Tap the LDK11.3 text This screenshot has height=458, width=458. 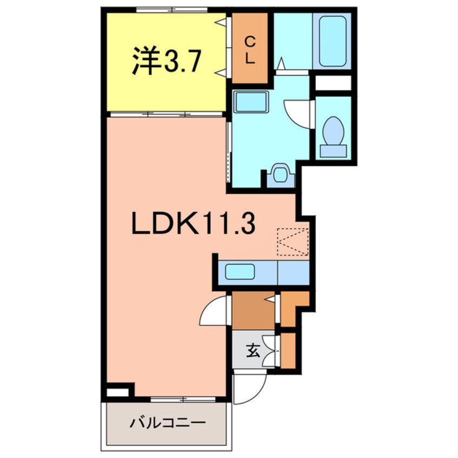[193, 223]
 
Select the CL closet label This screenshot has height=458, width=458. [250, 49]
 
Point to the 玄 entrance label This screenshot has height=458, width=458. [253, 351]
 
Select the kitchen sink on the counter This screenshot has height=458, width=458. [240, 271]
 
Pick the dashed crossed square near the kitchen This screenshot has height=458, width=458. [292, 241]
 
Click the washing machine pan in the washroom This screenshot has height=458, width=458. [280, 174]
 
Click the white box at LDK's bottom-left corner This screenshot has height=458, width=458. [119, 391]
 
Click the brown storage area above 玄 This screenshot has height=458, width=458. [253, 310]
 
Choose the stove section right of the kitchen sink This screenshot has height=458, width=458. [293, 271]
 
